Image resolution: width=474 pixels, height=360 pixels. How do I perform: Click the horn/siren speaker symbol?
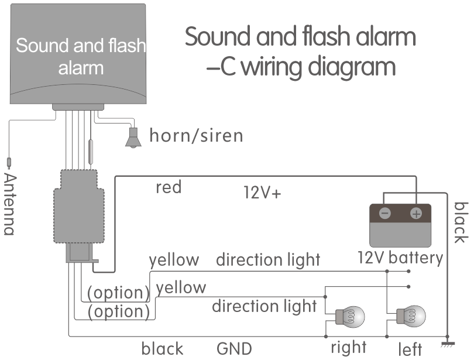(134, 138)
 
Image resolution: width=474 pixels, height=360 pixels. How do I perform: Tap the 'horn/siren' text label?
(196, 136)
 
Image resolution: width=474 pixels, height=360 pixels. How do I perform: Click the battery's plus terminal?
(416, 214)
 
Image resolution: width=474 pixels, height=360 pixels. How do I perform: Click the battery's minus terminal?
(385, 214)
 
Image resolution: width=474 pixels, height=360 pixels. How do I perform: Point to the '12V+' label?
(262, 193)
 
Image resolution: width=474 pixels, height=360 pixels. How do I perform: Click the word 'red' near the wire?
(169, 187)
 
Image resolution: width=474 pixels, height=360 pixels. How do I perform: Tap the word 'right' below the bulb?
(348, 347)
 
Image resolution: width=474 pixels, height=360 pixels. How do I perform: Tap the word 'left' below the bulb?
(410, 349)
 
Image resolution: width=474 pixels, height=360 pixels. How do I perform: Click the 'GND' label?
(234, 349)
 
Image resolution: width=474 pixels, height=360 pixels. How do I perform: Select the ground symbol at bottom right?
(448, 342)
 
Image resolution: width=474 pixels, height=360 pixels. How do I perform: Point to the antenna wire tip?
(9, 162)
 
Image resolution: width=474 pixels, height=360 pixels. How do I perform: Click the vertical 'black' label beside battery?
(461, 222)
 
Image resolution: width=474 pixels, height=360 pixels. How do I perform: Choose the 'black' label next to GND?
(162, 349)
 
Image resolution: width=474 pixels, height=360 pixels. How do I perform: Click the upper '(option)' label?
(118, 292)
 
